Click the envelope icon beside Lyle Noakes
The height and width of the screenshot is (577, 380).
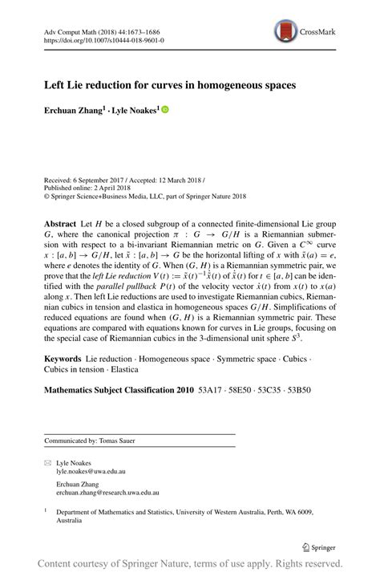pyautogui.click(x=46, y=463)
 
